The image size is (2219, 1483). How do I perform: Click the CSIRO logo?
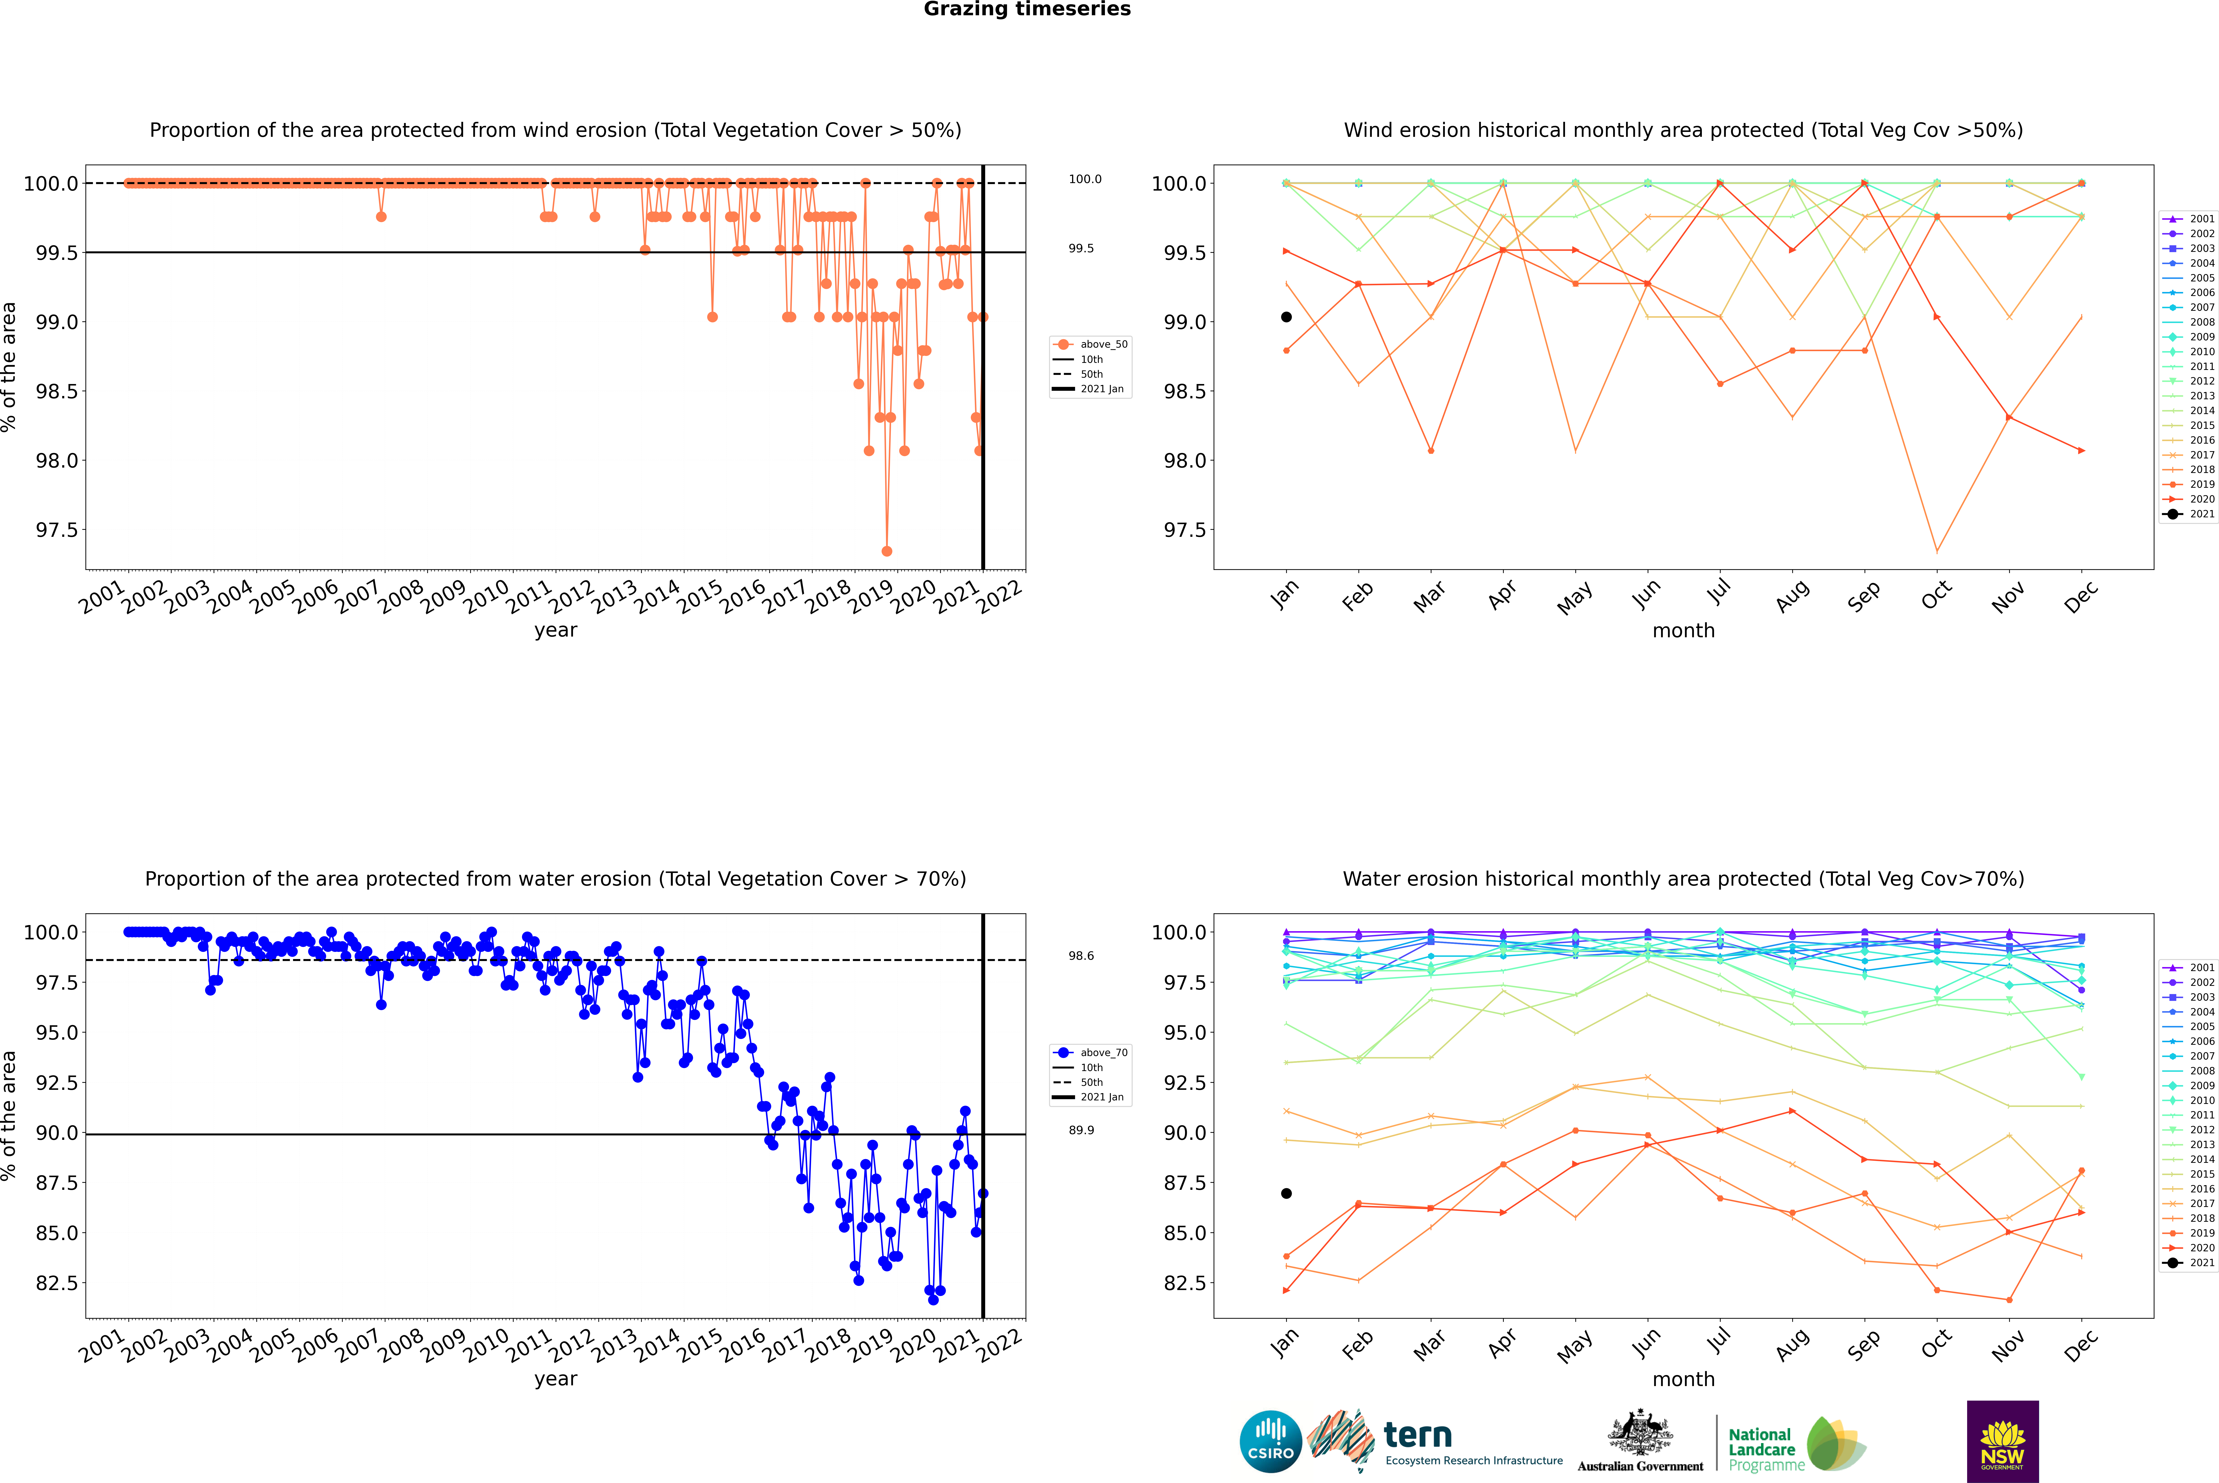tap(1270, 1441)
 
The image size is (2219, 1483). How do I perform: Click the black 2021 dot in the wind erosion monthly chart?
tap(1286, 317)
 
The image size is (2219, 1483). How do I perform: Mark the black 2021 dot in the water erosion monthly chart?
tap(1286, 1194)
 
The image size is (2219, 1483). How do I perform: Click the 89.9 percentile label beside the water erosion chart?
tap(1081, 1130)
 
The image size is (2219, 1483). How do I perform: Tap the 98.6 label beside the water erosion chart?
tap(1081, 956)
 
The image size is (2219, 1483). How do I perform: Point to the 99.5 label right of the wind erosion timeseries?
tap(1081, 249)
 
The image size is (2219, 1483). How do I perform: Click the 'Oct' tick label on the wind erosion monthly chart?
tap(1935, 596)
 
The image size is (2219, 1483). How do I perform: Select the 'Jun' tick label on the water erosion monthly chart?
tap(1646, 1343)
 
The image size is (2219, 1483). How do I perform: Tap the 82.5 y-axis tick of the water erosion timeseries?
tap(57, 1283)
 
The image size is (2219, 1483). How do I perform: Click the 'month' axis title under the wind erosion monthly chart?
tap(1683, 631)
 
